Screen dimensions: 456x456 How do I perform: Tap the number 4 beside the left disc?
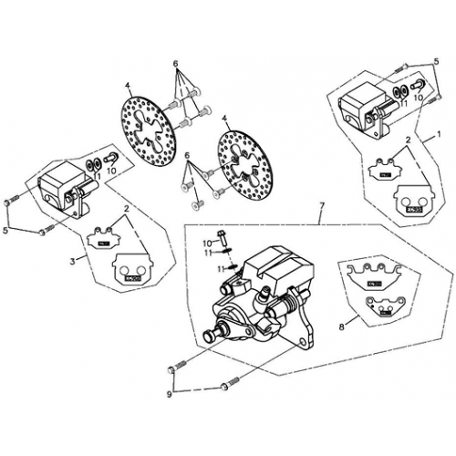[x=129, y=88]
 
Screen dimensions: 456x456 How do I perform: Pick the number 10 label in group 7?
[x=207, y=243]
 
